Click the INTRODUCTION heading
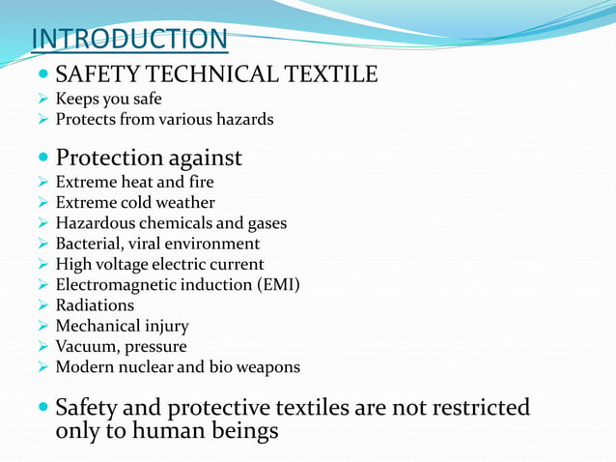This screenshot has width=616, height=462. (129, 40)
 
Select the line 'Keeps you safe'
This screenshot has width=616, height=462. (108, 100)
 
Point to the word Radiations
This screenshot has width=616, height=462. (95, 305)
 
